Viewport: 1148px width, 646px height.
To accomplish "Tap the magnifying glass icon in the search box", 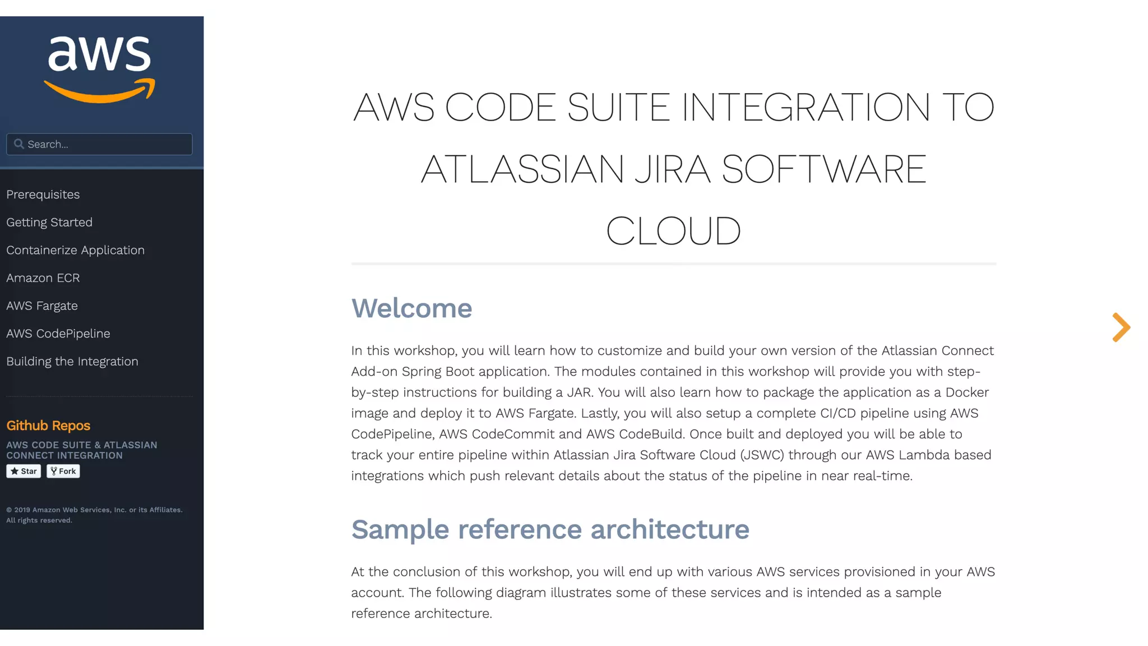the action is point(19,144).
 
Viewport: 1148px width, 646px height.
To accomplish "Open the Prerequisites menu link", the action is point(43,195).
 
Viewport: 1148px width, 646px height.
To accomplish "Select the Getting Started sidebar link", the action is point(49,222).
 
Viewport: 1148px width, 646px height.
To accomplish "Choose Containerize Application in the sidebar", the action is point(75,250).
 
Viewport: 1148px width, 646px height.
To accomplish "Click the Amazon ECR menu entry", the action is point(43,278).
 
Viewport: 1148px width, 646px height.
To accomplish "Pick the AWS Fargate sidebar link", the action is point(42,306).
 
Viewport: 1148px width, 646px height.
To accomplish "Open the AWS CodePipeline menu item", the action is point(58,334).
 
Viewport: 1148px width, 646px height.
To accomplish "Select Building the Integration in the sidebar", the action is point(72,362).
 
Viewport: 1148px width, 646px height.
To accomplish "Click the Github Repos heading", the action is point(48,426).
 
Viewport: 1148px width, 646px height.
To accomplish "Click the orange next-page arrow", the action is point(1121,327).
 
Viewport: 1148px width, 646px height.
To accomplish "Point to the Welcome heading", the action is point(411,308).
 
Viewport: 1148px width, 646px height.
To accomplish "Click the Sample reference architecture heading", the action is point(550,529).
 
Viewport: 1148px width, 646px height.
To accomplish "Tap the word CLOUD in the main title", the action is point(673,231).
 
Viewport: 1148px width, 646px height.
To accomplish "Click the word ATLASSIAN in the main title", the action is point(522,169).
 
